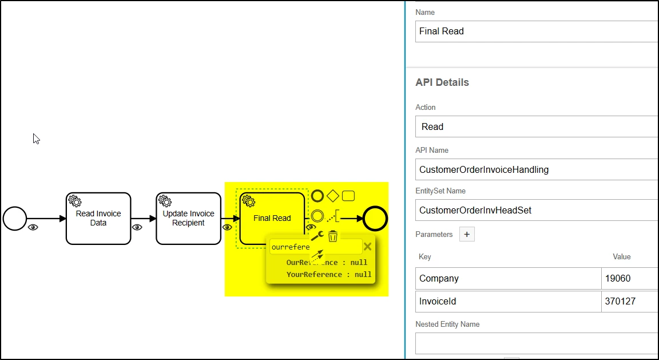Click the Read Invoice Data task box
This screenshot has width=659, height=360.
coord(98,218)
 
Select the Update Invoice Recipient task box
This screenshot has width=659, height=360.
coord(188,218)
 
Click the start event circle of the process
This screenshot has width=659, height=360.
coord(15,218)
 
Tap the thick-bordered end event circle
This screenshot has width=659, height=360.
coord(376,218)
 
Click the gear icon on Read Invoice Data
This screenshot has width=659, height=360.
coord(75,201)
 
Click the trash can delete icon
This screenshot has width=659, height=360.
coord(333,236)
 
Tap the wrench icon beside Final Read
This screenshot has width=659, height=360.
coord(317,236)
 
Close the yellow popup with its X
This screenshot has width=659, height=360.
coord(368,247)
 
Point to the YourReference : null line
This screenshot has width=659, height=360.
coord(329,275)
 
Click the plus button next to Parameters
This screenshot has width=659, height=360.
coord(467,234)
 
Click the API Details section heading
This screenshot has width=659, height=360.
coord(442,82)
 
